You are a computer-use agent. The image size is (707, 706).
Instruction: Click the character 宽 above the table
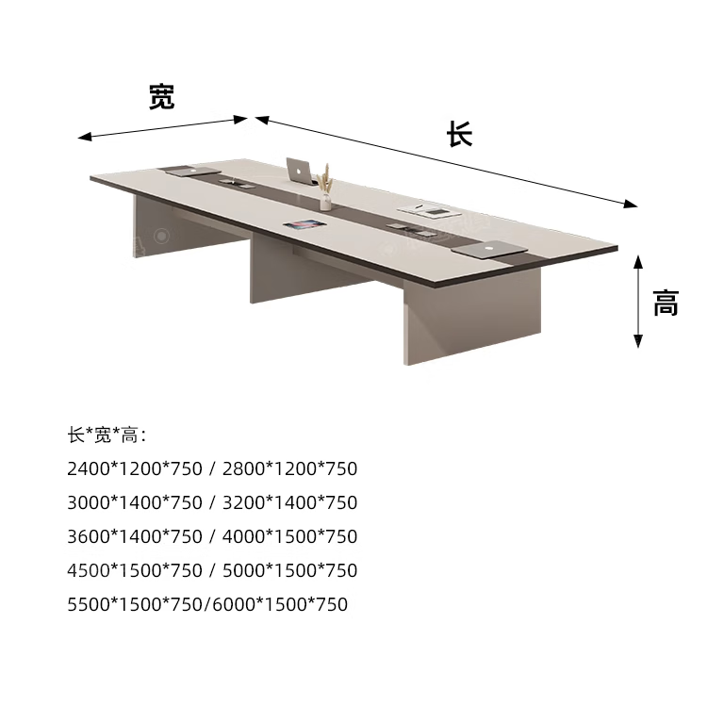pos(161,96)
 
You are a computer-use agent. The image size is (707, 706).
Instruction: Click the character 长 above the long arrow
pos(459,134)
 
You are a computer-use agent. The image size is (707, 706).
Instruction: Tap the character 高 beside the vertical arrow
pos(666,303)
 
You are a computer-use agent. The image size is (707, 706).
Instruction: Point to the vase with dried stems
pos(325,189)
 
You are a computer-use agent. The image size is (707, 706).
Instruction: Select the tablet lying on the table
pos(304,225)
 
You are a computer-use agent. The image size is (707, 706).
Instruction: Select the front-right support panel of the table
pos(471,320)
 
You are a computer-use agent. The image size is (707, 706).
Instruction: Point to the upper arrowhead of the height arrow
pos(638,260)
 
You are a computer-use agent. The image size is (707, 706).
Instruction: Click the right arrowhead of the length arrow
pos(632,204)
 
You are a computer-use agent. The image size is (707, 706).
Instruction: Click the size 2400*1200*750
pos(135,468)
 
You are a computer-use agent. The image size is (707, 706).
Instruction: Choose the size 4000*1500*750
pos(289,536)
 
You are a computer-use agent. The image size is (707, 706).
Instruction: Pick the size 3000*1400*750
pos(135,502)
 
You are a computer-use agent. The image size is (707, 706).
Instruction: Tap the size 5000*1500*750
pos(289,570)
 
